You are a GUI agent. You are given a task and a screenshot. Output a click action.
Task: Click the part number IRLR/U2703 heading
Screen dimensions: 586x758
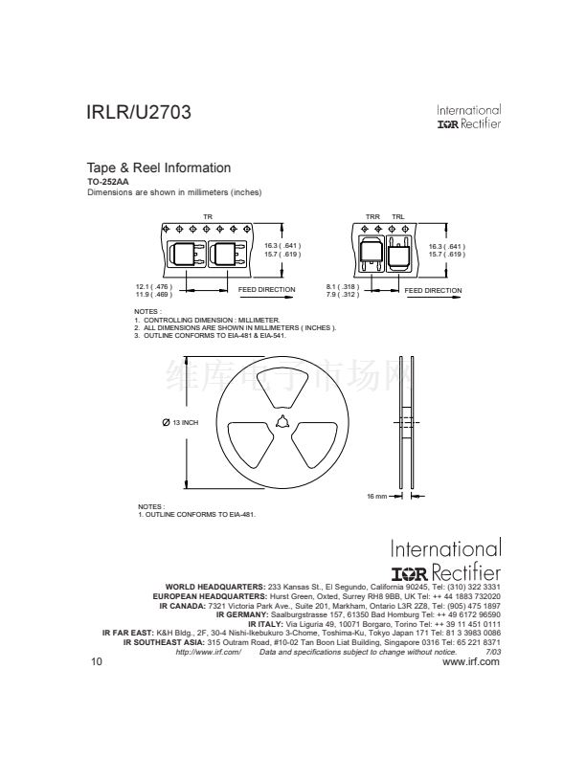coord(139,112)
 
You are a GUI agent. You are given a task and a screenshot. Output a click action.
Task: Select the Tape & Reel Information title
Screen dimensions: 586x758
coord(159,167)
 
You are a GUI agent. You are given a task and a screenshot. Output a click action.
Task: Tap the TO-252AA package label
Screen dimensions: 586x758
coord(108,182)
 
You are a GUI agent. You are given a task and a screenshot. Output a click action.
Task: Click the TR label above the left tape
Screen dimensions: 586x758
coord(208,217)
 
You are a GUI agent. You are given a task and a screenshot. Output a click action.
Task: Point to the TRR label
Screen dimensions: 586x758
coord(372,217)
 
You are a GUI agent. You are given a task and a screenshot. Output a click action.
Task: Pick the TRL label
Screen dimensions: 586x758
coord(398,217)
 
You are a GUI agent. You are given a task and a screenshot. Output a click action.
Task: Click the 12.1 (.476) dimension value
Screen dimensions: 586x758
coord(154,287)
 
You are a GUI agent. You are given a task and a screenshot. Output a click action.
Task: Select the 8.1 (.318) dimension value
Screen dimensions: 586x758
coord(343,287)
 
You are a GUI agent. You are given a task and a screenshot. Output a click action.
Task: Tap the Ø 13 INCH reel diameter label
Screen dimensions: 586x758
coord(180,422)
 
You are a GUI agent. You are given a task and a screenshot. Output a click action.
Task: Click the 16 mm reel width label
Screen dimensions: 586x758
coord(376,496)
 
